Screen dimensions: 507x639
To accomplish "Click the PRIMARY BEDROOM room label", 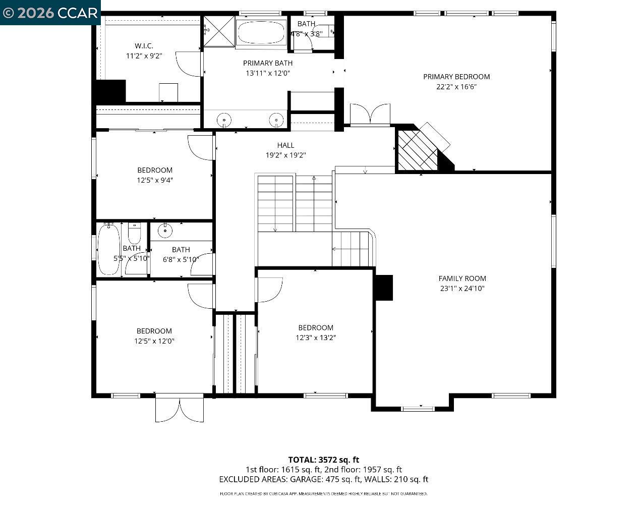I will coord(456,77).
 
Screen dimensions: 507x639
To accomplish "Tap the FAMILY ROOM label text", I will coord(462,278).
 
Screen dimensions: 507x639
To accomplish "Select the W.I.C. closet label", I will coord(144,46).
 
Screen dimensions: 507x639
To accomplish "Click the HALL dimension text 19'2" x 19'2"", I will coord(285,155).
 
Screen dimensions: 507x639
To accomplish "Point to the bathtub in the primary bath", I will coord(261,32).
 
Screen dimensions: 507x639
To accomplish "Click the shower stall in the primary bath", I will coord(219,31).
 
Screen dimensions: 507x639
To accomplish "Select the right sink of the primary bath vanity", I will coord(276,120).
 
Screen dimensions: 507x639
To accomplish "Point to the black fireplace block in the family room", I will coord(384,288).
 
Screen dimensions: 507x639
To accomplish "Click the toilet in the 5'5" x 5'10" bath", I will coord(134,234).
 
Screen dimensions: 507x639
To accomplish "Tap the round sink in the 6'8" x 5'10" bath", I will coord(165,231).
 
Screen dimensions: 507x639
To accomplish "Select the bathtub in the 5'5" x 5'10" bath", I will coord(108,249).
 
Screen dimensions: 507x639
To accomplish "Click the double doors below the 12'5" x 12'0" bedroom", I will coord(180,409).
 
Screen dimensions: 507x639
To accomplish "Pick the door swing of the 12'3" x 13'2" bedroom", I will coord(269,290).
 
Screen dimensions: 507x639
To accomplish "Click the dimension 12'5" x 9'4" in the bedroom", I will coord(155,180).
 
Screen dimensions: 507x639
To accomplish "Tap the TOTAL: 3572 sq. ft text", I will coord(323,460).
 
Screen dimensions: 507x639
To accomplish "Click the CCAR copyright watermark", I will coord(50,13).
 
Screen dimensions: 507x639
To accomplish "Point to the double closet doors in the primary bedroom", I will coord(370,114).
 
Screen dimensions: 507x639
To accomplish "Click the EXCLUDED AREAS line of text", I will coord(323,479).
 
